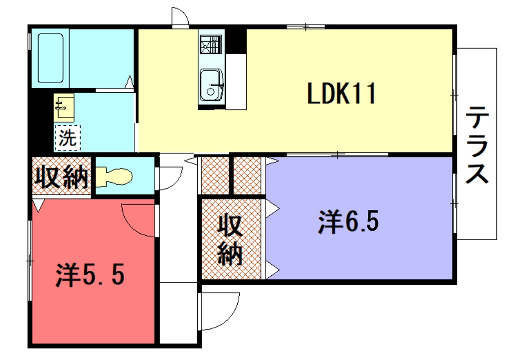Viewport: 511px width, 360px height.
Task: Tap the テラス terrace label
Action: (x=478, y=145)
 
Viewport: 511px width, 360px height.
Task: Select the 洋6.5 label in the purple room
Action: (x=349, y=220)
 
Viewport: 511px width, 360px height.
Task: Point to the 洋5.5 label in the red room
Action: (x=90, y=272)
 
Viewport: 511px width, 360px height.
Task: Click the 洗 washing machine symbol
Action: (x=66, y=133)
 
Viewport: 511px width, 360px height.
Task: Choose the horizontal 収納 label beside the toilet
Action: (x=60, y=178)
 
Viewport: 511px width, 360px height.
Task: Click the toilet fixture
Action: (x=113, y=178)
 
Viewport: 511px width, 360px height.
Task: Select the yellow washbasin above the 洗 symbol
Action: (x=63, y=104)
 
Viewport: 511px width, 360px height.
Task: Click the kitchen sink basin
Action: (x=212, y=82)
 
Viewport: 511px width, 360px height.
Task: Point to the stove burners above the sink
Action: (x=212, y=44)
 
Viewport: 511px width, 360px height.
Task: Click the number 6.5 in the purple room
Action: (x=363, y=220)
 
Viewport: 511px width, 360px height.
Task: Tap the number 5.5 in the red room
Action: (x=104, y=272)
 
